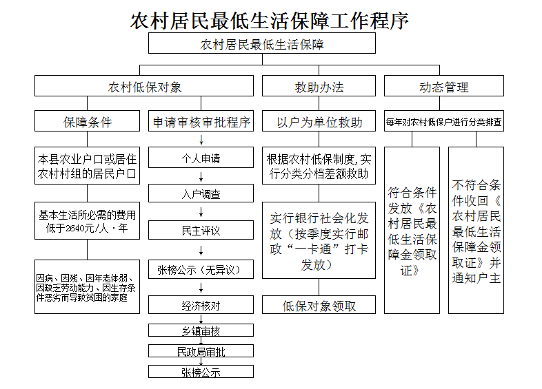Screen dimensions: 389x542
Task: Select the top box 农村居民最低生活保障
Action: point(262,45)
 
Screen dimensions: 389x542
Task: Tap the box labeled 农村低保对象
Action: point(145,87)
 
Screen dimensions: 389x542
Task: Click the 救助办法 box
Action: point(319,87)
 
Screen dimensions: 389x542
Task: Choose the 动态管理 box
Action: point(443,87)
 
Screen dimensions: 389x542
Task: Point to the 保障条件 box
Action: point(88,123)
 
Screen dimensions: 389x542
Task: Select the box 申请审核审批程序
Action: point(201,123)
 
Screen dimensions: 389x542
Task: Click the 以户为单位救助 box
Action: point(319,123)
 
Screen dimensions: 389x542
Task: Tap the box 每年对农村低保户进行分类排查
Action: point(444,123)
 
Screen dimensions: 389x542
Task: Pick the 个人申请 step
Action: point(201,158)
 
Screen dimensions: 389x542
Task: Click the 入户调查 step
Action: point(201,194)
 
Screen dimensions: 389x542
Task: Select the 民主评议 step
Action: point(201,230)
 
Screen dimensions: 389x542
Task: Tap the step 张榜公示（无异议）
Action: point(201,269)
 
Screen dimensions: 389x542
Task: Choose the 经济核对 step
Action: point(201,305)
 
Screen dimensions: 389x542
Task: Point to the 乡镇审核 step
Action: point(201,331)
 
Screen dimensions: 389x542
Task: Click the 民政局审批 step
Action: point(201,352)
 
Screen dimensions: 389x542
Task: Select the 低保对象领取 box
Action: point(319,305)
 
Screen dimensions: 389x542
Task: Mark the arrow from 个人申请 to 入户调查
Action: point(201,176)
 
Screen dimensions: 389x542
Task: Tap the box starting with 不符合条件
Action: point(476,231)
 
